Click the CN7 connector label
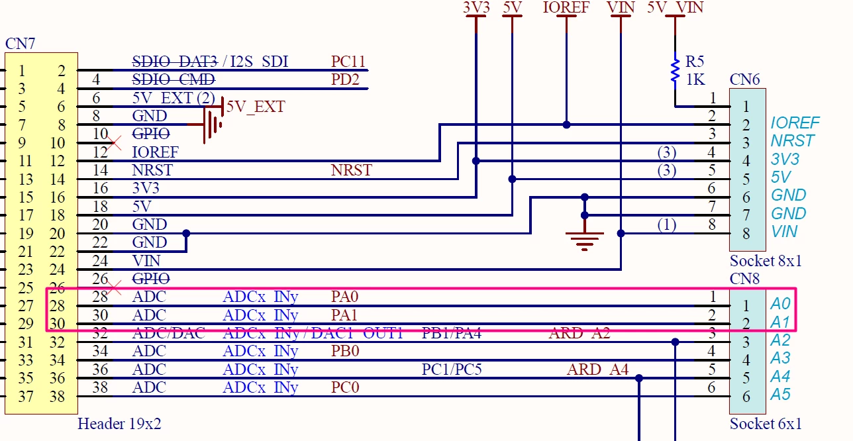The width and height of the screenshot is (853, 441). [20, 44]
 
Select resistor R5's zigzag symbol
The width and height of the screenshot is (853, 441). [675, 70]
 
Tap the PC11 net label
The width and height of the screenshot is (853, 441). [348, 62]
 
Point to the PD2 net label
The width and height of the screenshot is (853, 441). [345, 79]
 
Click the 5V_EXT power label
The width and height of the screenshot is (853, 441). [256, 107]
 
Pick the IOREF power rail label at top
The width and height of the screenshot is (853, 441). [566, 7]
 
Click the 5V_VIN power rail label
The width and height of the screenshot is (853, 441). [675, 7]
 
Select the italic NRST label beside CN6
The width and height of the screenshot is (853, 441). [793, 141]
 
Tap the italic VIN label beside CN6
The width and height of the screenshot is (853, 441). [784, 232]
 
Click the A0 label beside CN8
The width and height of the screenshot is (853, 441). [780, 304]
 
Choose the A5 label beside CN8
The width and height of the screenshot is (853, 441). [780, 395]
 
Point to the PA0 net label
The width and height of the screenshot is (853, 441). [344, 297]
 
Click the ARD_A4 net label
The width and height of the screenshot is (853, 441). [597, 369]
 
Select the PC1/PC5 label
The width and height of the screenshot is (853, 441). [452, 369]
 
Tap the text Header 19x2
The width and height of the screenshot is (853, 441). [119, 424]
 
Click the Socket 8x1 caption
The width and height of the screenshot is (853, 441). [766, 261]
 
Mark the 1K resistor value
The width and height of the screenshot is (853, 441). [695, 79]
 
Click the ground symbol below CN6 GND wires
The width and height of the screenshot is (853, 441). [585, 242]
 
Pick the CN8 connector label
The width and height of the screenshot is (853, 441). [744, 279]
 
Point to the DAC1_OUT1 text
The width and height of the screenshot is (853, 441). [357, 333]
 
